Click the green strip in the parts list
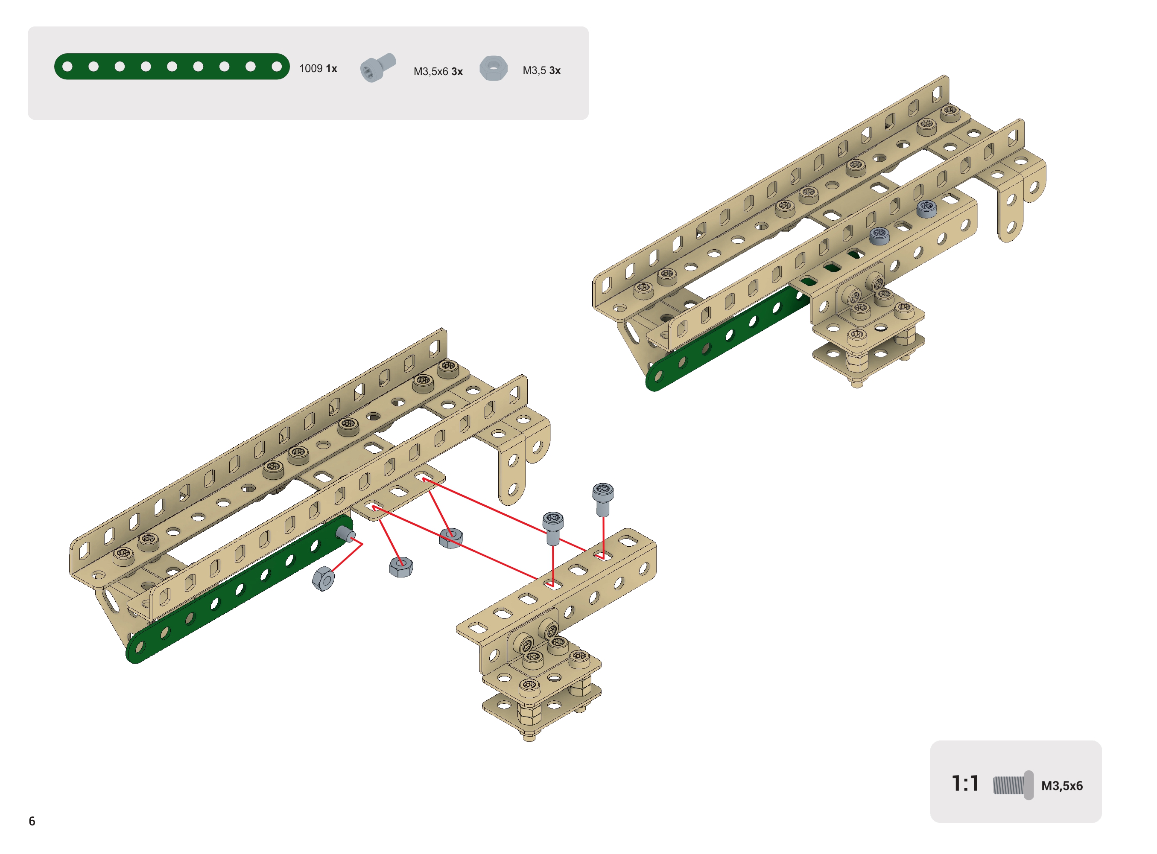(172, 67)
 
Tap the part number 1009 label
(311, 69)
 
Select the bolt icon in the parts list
(378, 67)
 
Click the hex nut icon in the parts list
(494, 68)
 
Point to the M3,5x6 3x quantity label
(438, 71)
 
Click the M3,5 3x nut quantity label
(541, 70)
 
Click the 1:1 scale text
(965, 784)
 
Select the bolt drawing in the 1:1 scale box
(1013, 786)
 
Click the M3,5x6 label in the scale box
(1062, 786)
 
